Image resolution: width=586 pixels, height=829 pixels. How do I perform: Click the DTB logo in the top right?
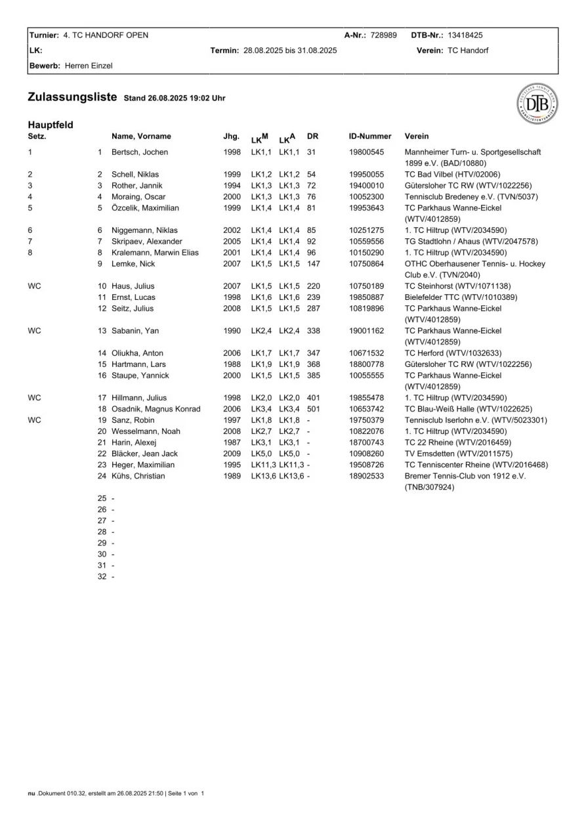pos(537,104)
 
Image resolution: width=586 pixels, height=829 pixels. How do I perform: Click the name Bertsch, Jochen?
pos(140,152)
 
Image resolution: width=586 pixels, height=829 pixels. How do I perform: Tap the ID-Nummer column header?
pos(370,137)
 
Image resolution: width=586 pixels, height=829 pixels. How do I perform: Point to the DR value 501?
pos(314,409)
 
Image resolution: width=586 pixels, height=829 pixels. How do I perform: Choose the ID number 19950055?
pos(366,175)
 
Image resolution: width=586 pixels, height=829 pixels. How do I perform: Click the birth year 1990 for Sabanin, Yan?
pos(232,331)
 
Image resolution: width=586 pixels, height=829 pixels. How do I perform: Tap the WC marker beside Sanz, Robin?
pos(35,420)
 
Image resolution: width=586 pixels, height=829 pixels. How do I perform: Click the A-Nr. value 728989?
pos(383,35)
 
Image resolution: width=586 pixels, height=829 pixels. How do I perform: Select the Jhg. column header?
pos(231,137)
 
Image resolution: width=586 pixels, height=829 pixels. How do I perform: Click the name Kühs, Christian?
pos(138,476)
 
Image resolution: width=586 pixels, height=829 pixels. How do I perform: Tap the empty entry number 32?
pos(102,576)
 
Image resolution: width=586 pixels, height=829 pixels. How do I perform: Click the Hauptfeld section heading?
pos(51,125)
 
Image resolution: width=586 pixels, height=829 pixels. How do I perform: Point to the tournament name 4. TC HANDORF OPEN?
pos(106,35)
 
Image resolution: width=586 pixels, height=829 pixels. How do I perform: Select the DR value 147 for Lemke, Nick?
pos(314,263)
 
